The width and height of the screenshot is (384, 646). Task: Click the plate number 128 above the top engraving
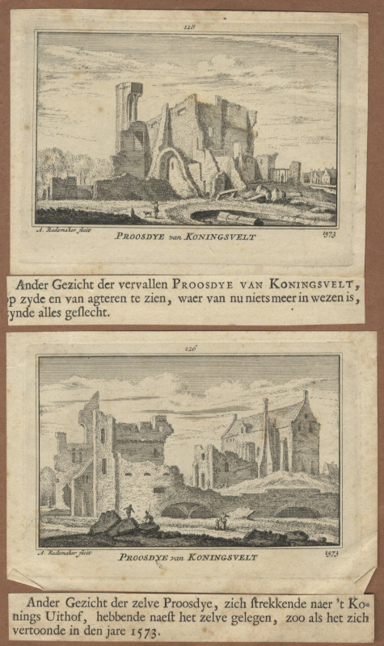pos(191,27)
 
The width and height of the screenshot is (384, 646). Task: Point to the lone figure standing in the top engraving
pos(156,210)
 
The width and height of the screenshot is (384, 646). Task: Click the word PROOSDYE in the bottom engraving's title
pos(143,556)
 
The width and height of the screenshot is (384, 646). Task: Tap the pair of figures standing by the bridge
pos(221,522)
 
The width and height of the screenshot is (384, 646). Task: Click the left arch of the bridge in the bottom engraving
pos(185,510)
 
